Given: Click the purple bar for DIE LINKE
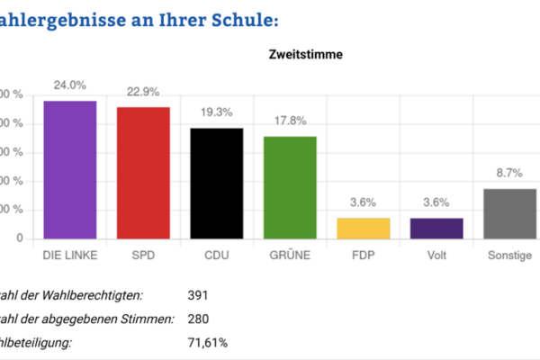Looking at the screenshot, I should [x=70, y=170].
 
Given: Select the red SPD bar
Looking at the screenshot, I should [x=143, y=173].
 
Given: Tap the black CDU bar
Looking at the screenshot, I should [x=217, y=184].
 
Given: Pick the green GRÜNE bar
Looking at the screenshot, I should [x=290, y=187].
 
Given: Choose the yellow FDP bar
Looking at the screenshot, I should [x=364, y=229].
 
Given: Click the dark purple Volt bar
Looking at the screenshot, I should [x=437, y=229].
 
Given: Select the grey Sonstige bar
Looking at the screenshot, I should [x=509, y=214].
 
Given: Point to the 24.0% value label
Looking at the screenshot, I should [x=70, y=85].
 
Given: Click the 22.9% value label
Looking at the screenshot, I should [x=143, y=92].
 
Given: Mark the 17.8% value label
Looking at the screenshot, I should [x=290, y=121].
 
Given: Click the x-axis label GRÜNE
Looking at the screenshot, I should [x=290, y=256].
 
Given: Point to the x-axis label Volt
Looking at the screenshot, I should [x=437, y=256].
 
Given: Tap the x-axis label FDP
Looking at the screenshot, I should [x=364, y=256].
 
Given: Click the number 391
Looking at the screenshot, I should [x=198, y=295].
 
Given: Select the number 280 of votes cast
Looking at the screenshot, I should [x=198, y=319].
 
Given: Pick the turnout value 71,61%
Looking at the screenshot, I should [x=207, y=342].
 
